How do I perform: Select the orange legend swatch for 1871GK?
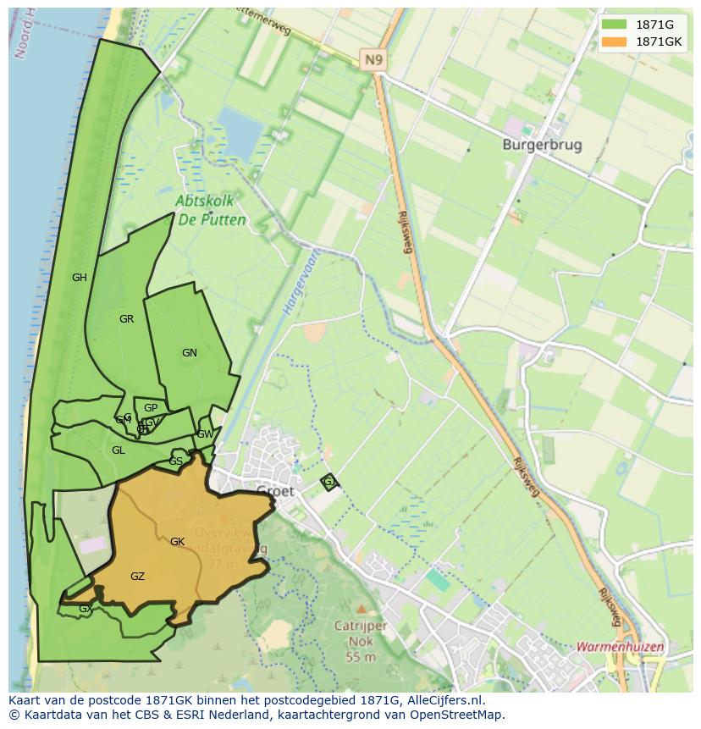coord(615,41)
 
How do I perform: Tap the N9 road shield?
coord(373,59)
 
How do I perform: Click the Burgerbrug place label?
coord(542,145)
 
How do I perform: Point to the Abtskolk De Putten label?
coord(212,211)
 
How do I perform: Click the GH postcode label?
coord(80,278)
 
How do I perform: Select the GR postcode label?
coord(127,319)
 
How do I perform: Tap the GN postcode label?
coord(190,353)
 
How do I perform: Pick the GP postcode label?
coord(151,408)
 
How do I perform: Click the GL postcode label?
coord(119,450)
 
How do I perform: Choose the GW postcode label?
coord(205,434)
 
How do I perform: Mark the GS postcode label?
coord(175,461)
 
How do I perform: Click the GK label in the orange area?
coord(177,542)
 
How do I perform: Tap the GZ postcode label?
coord(137,577)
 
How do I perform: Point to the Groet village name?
coord(275,491)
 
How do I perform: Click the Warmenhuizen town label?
coord(620,647)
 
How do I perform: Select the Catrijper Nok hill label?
coord(360,633)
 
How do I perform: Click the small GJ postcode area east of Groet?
coord(329,482)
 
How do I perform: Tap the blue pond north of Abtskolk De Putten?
coord(239,133)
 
